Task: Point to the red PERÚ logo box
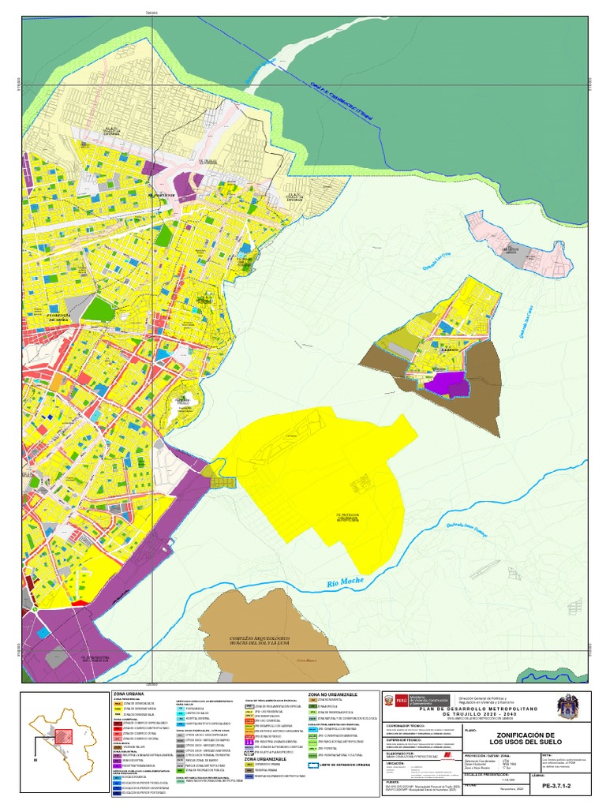point(401,700)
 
